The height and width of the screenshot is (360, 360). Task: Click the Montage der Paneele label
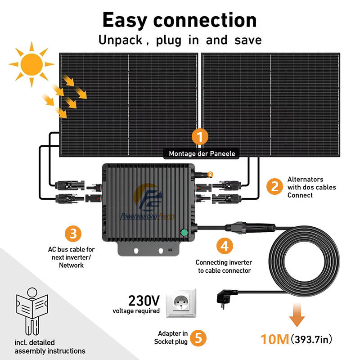pyautogui.click(x=202, y=154)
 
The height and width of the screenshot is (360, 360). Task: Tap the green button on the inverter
pyautogui.click(x=184, y=233)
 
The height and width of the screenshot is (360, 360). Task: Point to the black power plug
pyautogui.click(x=225, y=296)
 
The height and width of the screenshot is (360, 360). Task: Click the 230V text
pyautogui.click(x=144, y=300)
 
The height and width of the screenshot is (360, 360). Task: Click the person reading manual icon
pyautogui.click(x=31, y=311)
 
